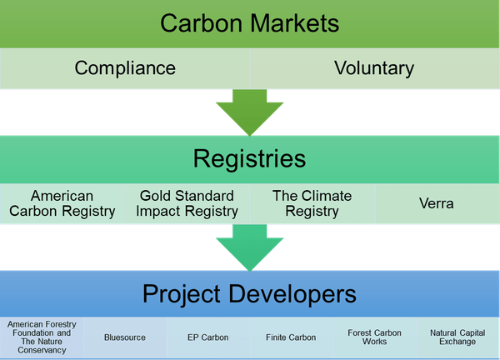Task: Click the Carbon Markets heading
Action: point(250,22)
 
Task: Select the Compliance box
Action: point(125,67)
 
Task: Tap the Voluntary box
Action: point(375,67)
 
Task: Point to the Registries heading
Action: point(250,157)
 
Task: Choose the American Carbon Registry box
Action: point(63,203)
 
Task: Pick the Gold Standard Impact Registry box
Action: point(187,203)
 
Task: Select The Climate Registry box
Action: point(312,203)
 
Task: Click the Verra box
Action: point(437,203)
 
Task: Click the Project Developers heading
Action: point(250,293)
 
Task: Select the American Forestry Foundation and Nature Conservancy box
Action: point(42,337)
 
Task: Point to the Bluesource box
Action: point(125,337)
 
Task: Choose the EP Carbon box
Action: point(208,337)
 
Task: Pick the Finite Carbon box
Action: point(292,337)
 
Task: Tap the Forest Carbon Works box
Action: point(374,337)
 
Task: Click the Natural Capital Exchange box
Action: point(457,337)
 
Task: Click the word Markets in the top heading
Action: point(291,22)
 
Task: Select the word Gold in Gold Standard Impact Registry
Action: point(154,196)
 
